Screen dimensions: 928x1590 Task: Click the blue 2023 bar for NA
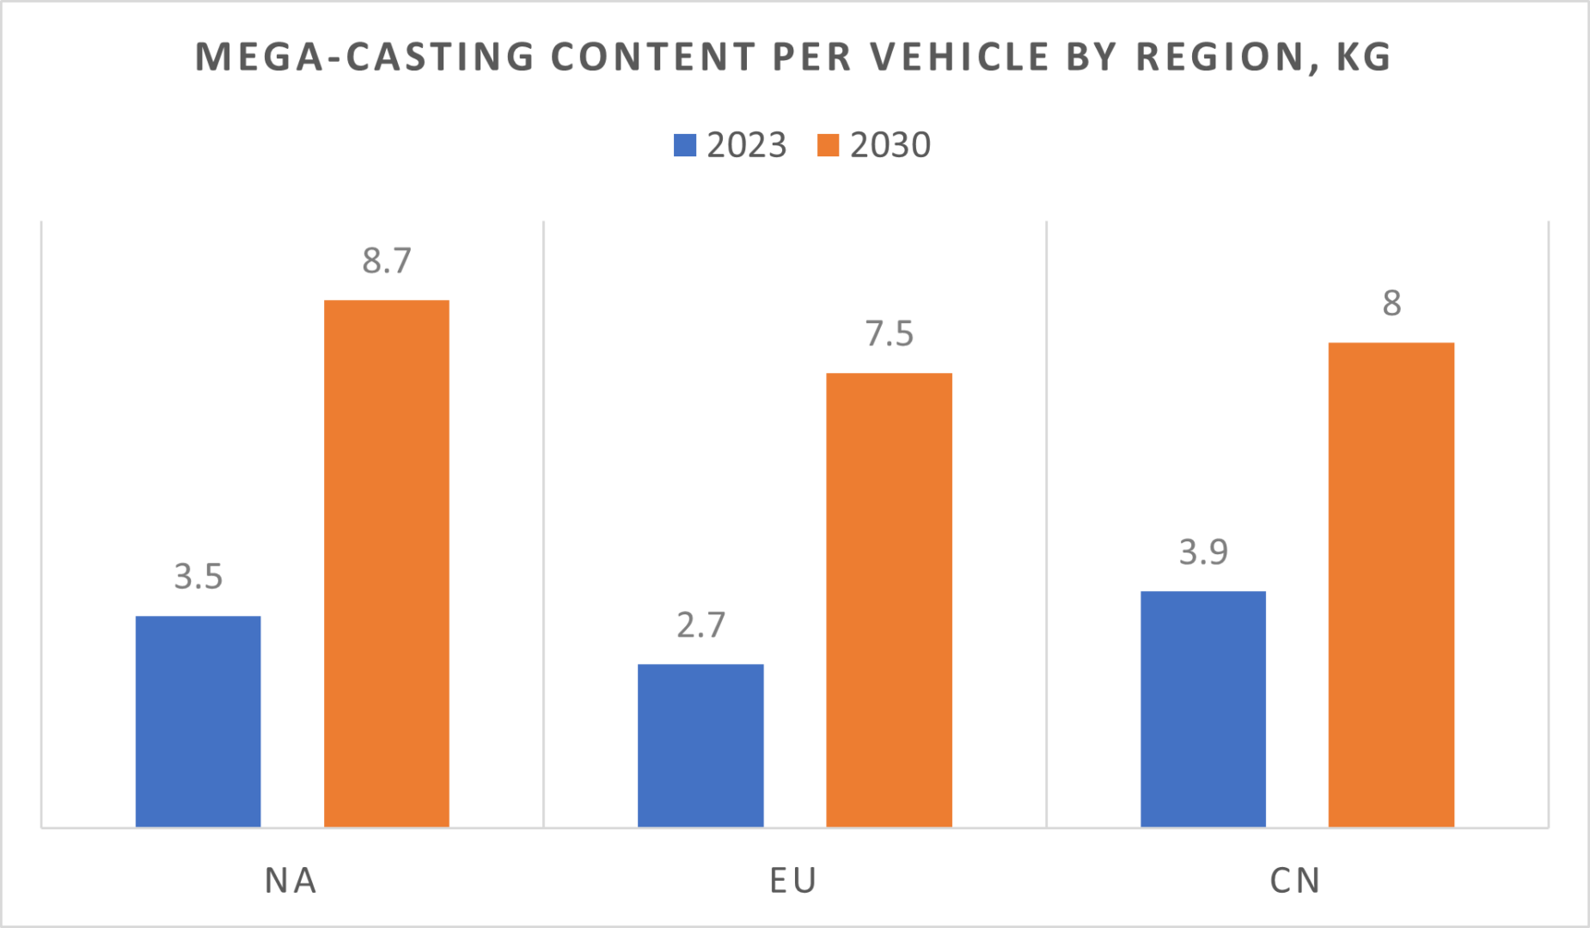coord(198,722)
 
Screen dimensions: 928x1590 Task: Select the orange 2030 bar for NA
coord(386,564)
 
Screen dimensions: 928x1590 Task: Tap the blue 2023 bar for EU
coord(700,746)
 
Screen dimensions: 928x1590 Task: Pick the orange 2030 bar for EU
coord(889,600)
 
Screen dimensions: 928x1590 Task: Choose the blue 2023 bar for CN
coord(1202,709)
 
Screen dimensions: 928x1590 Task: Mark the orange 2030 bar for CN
coord(1391,584)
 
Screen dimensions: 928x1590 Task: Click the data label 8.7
coord(387,260)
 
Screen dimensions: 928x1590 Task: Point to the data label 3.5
coord(198,576)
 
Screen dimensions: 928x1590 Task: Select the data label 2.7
coord(700,625)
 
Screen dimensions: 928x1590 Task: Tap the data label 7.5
coord(889,333)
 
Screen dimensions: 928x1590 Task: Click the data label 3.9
coord(1202,552)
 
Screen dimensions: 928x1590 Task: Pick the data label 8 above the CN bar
coord(1391,303)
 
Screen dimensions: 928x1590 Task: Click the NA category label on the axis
coord(290,881)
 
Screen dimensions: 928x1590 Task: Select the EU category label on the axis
coord(792,881)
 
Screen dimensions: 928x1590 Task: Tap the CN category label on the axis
coord(1295,881)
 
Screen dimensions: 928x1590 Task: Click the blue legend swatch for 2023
coord(685,145)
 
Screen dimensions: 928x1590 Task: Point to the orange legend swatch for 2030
coord(828,145)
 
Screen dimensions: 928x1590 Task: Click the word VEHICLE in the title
coord(960,57)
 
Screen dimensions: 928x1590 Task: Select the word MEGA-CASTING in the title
coord(365,57)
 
